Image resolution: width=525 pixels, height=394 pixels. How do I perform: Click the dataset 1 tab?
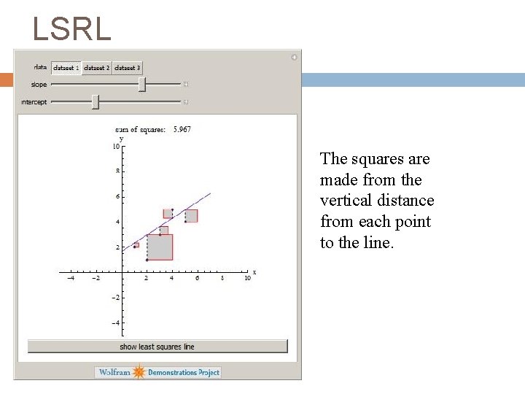coord(66,68)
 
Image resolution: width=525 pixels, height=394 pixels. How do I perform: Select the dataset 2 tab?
coord(97,68)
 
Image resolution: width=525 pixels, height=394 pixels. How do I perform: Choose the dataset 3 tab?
coord(128,68)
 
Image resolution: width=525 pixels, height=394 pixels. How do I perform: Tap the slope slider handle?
coord(142,85)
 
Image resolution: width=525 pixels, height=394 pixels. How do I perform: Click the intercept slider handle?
coord(96,102)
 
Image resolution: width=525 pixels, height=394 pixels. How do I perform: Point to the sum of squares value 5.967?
coord(182,129)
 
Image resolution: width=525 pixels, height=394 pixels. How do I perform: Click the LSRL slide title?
coord(71,29)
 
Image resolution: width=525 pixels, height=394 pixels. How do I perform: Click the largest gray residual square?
coord(160,247)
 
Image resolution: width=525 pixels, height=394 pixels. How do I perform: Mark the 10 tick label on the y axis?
coord(115,147)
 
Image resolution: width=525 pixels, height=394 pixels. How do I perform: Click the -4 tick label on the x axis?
coord(71,279)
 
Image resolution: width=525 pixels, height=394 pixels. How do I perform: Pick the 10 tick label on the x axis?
coord(247,279)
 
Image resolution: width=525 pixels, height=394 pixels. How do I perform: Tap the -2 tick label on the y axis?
coord(115,298)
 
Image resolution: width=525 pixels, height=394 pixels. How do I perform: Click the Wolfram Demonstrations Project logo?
coord(158,372)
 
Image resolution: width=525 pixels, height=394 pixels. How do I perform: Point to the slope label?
coord(39,85)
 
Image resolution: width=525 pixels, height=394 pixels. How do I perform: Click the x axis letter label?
coord(254,272)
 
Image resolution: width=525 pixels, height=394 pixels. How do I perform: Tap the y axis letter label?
coord(121,139)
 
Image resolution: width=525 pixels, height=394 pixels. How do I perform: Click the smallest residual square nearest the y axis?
coord(136,245)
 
